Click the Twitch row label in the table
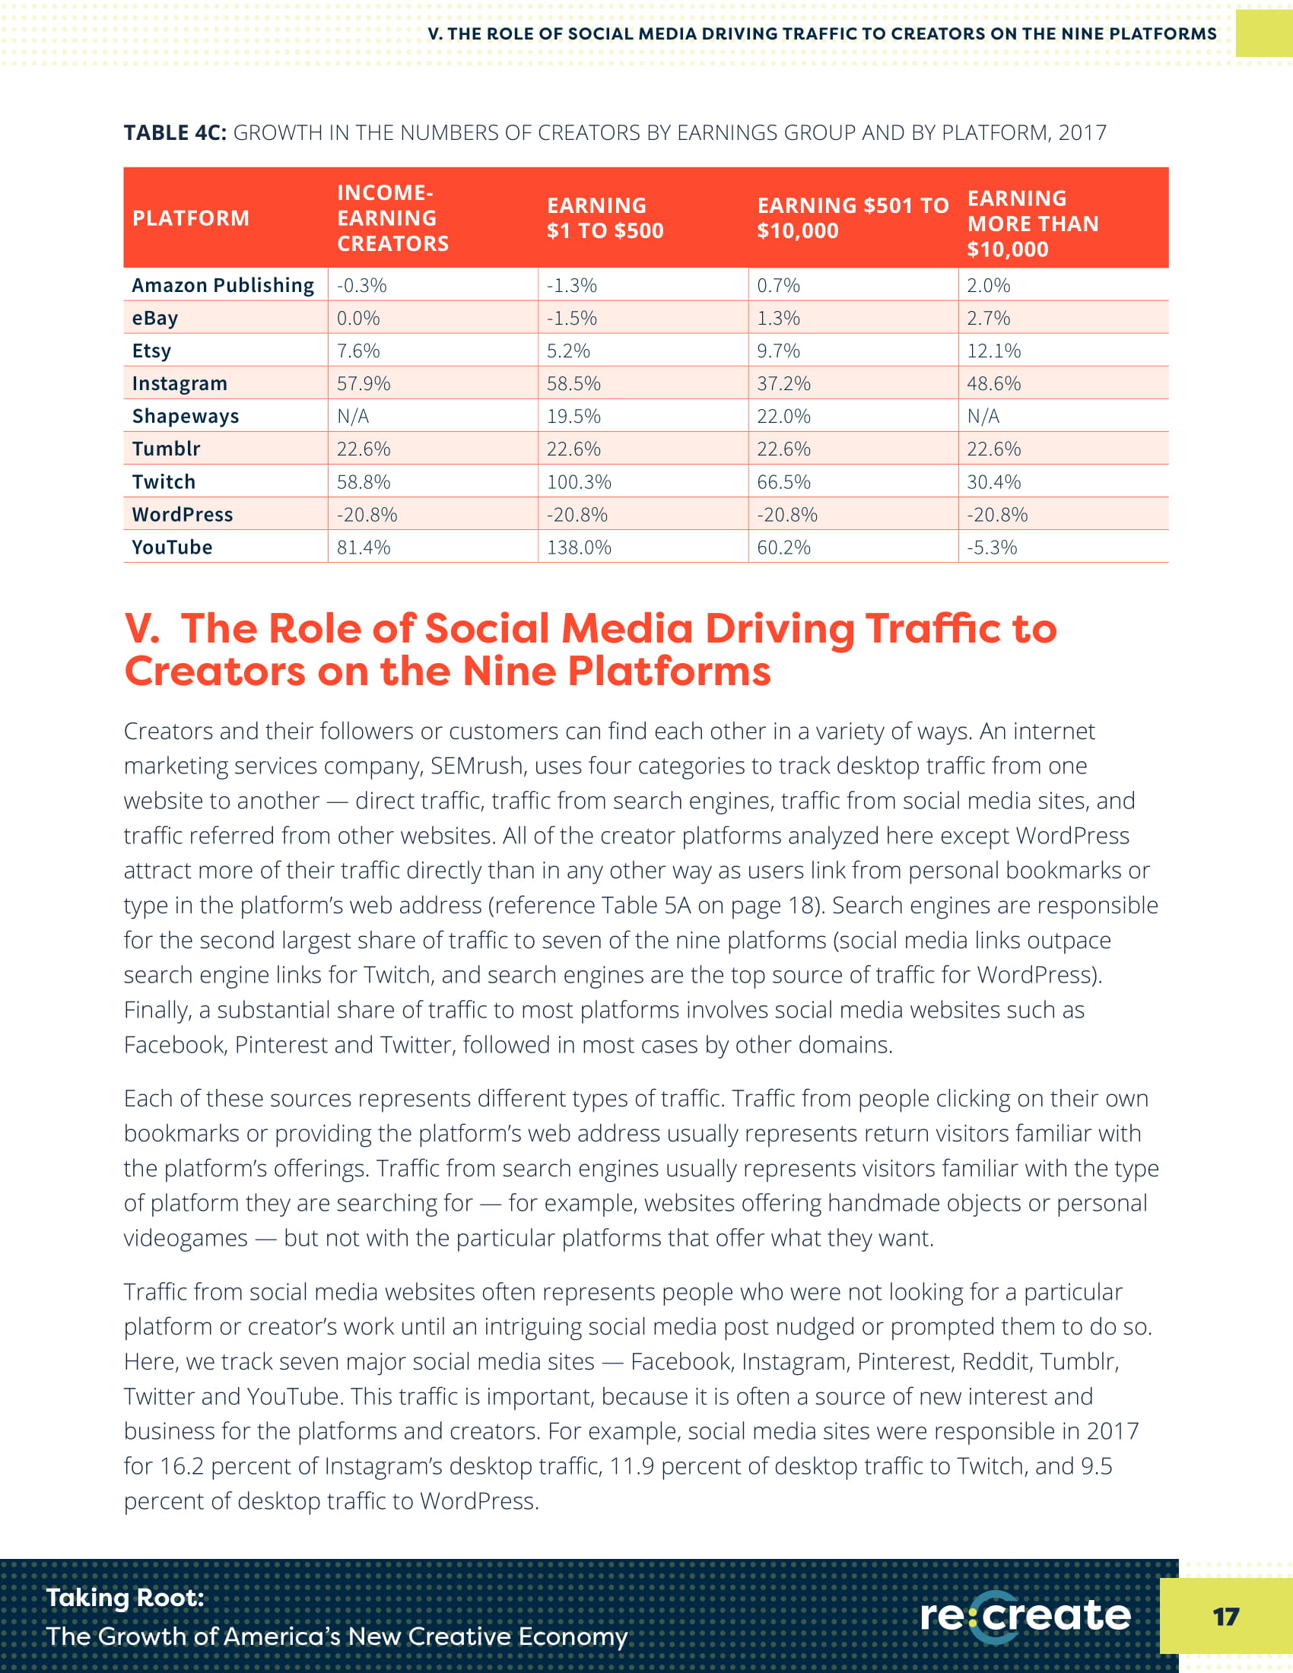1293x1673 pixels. pyautogui.click(x=164, y=482)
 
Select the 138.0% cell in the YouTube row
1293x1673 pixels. pyautogui.click(x=578, y=548)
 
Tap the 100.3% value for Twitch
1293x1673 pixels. pyautogui.click(x=578, y=482)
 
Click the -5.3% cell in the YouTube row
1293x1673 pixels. pyautogui.click(x=991, y=548)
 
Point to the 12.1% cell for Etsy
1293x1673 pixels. pyautogui.click(x=993, y=351)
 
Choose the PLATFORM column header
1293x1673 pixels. pyautogui.click(x=191, y=218)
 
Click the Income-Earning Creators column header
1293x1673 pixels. pyautogui.click(x=392, y=218)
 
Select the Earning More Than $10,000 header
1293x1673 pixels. pyautogui.click(x=1032, y=224)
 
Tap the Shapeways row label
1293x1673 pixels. pyautogui.click(x=186, y=416)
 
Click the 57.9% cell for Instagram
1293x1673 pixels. pyautogui.click(x=363, y=384)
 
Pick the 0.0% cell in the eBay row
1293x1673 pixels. pyautogui.click(x=357, y=318)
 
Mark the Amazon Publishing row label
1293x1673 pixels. pyautogui.click(x=222, y=286)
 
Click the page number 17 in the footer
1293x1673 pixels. pyautogui.click(x=1225, y=1617)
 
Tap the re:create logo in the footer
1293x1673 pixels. pyautogui.click(x=1025, y=1616)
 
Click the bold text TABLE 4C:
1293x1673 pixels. pyautogui.click(x=175, y=133)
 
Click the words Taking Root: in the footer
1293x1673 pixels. pyautogui.click(x=125, y=1598)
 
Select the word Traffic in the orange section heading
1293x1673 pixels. pyautogui.click(x=932, y=629)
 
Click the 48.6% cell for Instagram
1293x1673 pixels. pyautogui.click(x=993, y=384)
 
